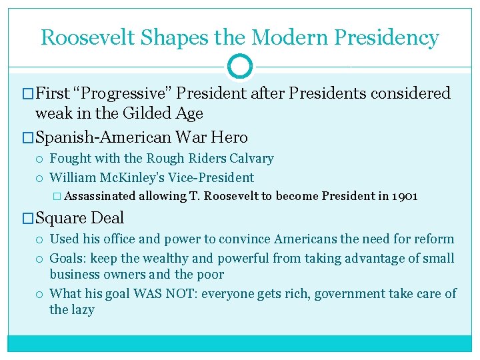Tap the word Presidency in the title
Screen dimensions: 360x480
pos(387,37)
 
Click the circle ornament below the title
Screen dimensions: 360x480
pos(240,66)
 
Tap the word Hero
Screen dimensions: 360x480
pos(230,138)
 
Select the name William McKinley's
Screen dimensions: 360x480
pos(105,178)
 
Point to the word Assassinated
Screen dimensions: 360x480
pos(101,197)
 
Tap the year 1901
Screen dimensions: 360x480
pos(405,197)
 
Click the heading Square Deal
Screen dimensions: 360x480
pos(79,218)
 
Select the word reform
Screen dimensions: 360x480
pos(433,239)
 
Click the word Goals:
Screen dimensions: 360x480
pos(67,258)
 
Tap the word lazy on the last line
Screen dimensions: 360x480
pos(83,310)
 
